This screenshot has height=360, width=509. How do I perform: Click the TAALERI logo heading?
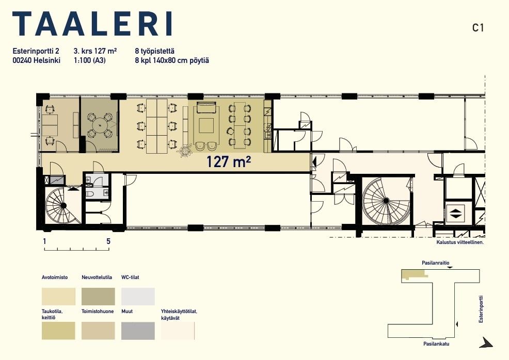coord(92,24)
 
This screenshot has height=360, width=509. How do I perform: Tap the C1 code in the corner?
coord(478,28)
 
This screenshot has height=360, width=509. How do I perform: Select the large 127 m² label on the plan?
coord(229,161)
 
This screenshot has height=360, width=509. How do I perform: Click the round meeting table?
coord(100,124)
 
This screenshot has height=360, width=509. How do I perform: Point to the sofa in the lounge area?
coord(206,107)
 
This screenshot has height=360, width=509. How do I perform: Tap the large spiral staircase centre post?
coord(386,201)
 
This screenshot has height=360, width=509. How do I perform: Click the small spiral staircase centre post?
coord(63,205)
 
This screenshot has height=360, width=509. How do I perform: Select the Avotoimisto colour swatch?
coord(58,297)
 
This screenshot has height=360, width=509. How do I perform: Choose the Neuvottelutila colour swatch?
coord(98,297)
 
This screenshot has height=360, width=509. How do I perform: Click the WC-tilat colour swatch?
coord(138,297)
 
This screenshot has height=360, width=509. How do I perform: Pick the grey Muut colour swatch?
coord(138,331)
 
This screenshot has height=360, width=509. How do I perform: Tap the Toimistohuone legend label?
coord(98,312)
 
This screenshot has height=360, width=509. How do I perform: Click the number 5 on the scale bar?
coord(108,241)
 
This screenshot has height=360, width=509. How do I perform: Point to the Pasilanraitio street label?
coord(436,263)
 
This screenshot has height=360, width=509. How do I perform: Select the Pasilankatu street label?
coord(436,344)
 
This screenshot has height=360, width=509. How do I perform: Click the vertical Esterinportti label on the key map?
coord(481,309)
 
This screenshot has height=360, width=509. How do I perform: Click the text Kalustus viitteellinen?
coord(460,242)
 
